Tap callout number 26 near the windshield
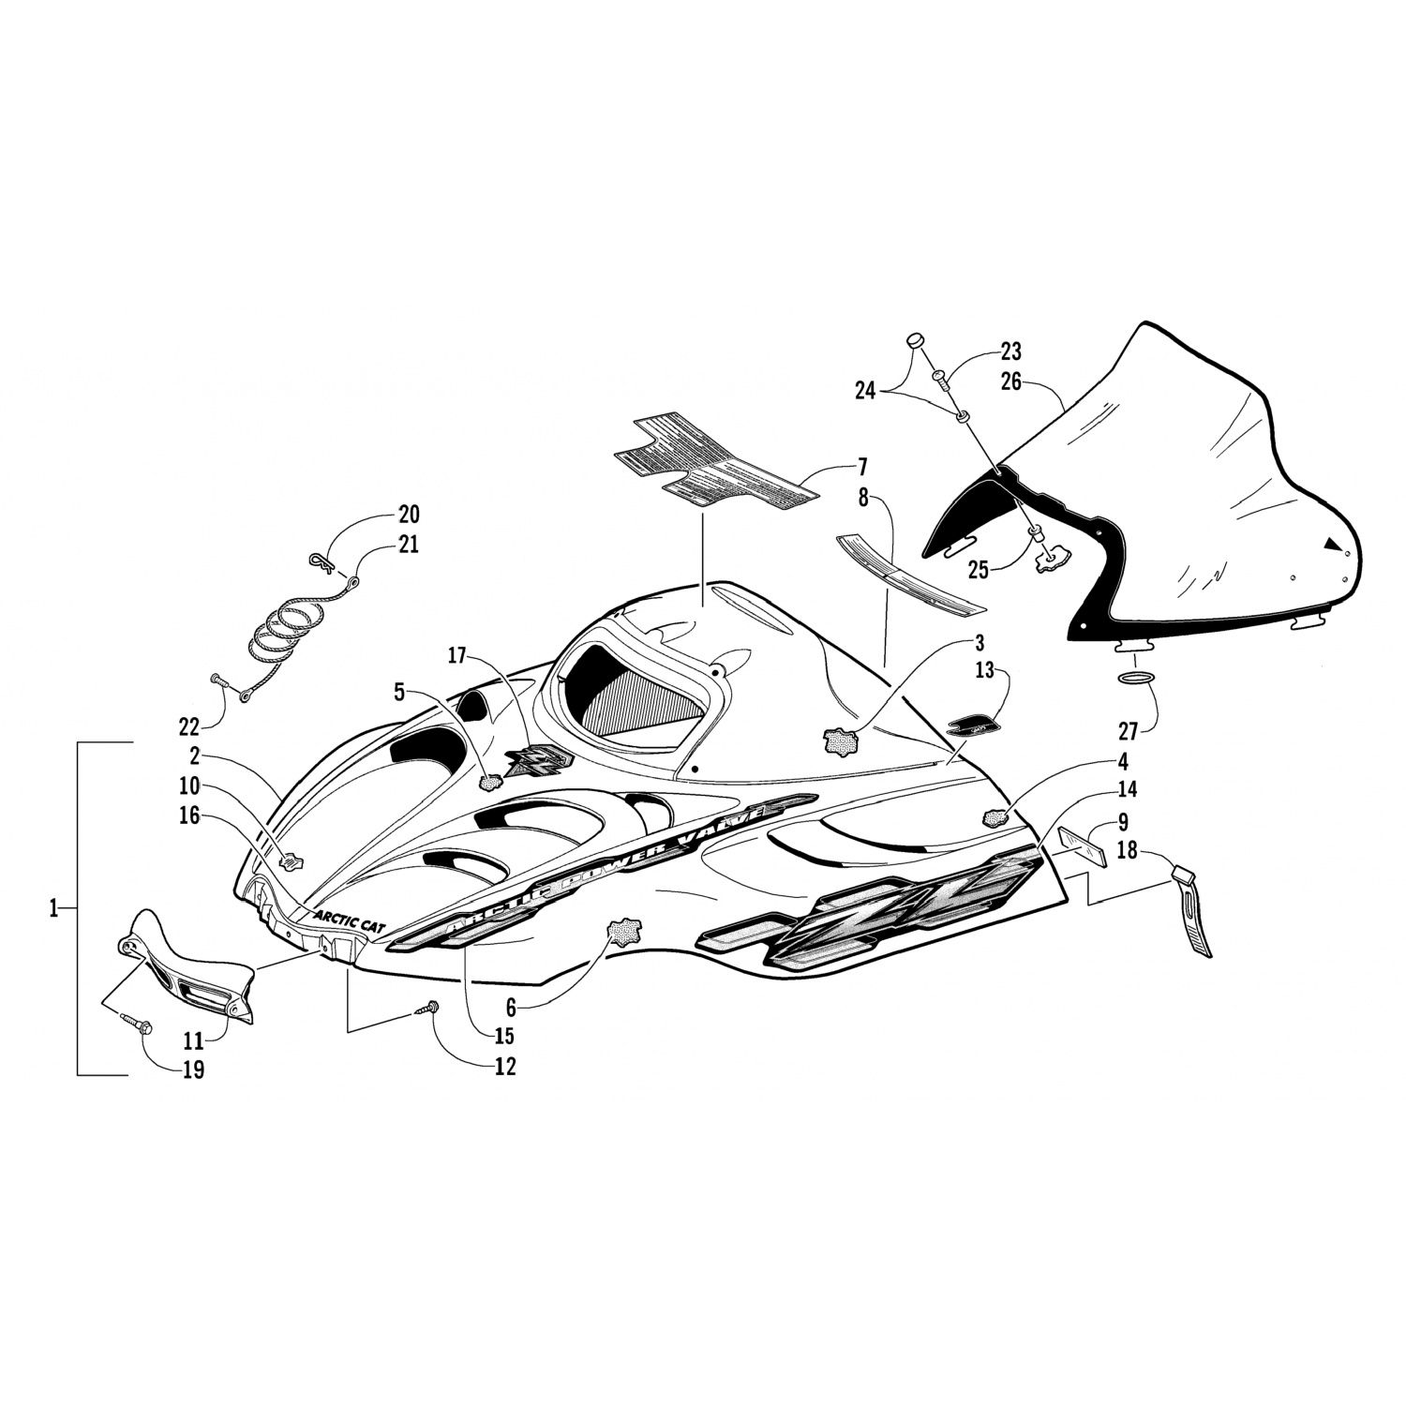pyautogui.click(x=1010, y=382)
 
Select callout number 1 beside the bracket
pyautogui.click(x=53, y=908)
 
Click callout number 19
pyautogui.click(x=193, y=1069)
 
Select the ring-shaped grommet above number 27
pyautogui.click(x=1137, y=679)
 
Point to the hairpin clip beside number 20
pyautogui.click(x=321, y=561)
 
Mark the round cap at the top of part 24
pyautogui.click(x=916, y=343)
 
